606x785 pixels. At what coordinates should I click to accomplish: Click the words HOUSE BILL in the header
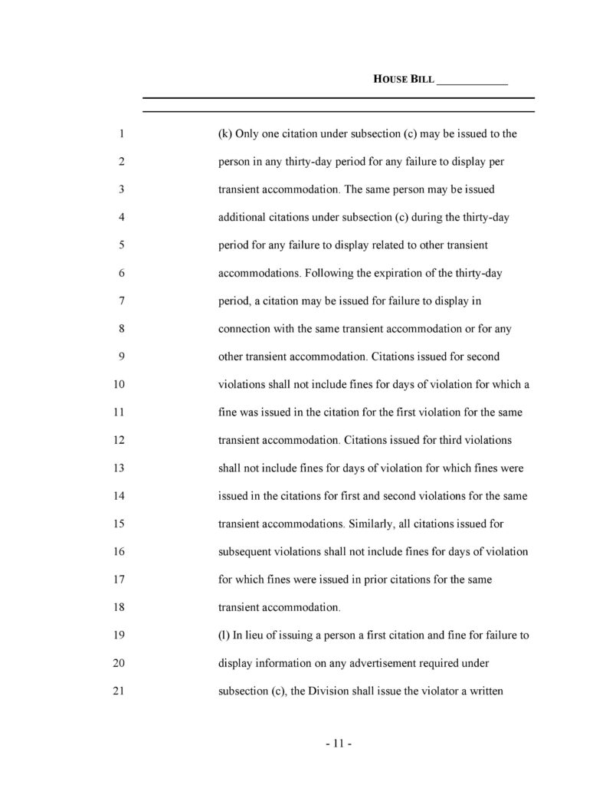[x=404, y=79]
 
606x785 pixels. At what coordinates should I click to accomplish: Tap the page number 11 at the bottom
[x=338, y=744]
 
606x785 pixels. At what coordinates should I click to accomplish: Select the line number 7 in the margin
[x=122, y=301]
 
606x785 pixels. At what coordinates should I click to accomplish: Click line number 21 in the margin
[x=119, y=691]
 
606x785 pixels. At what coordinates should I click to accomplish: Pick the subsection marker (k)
[x=225, y=133]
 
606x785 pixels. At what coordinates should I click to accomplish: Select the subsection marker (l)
[x=224, y=636]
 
